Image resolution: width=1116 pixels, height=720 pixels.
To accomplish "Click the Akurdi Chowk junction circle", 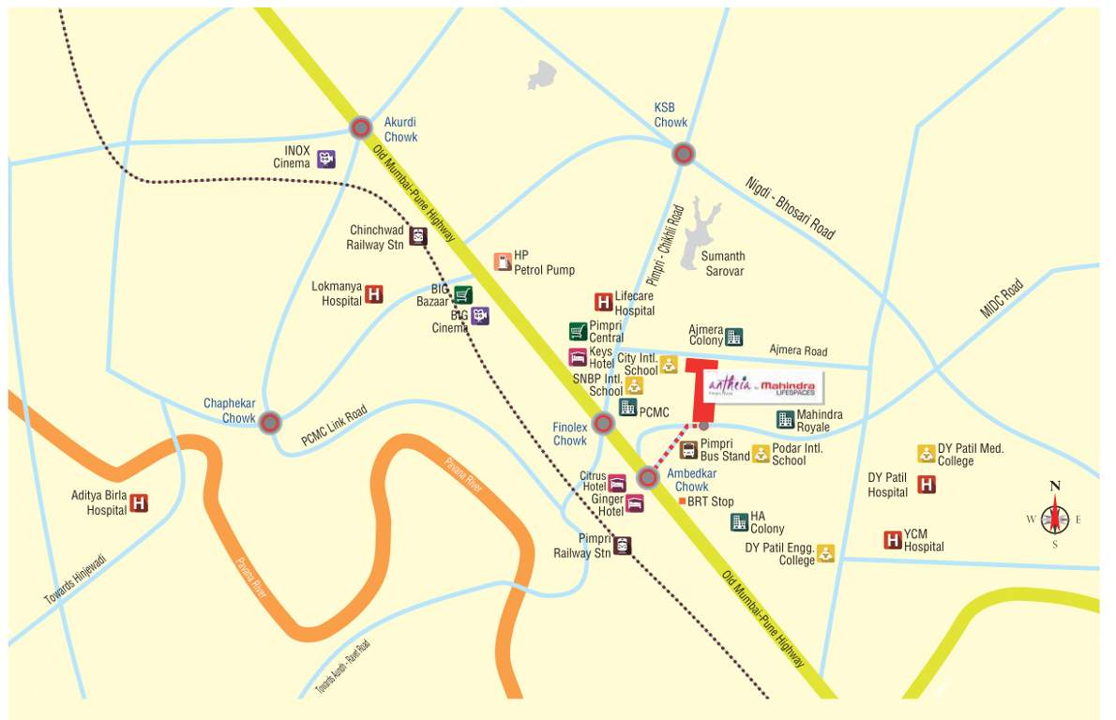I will [x=361, y=128].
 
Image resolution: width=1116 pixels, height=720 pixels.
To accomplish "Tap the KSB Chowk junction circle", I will [x=684, y=154].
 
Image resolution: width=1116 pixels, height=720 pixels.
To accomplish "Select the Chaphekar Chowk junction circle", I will [x=270, y=423].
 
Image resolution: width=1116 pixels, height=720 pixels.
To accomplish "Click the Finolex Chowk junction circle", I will [x=604, y=424].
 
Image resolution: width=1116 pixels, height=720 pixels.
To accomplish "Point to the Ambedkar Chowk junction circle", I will [x=648, y=478].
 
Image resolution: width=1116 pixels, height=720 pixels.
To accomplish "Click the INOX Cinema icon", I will [x=326, y=159].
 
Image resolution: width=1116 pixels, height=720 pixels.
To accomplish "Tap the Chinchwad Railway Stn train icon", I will [x=418, y=236].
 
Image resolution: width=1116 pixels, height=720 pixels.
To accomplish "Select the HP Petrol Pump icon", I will [x=503, y=262].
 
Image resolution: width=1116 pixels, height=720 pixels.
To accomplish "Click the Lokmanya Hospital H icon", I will [x=374, y=294].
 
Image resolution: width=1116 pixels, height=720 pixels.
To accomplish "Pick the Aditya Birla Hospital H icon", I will [x=139, y=503].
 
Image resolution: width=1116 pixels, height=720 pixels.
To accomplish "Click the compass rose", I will [x=1055, y=516].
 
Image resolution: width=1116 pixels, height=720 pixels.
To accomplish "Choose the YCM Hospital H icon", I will [x=893, y=540].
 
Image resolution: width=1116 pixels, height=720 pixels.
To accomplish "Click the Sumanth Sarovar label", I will [x=723, y=263].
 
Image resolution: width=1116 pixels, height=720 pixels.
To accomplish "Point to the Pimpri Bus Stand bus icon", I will [x=688, y=450].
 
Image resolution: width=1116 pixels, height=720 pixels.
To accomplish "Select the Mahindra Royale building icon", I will [x=785, y=419].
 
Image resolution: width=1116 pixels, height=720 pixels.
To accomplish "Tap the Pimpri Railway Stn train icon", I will [x=622, y=546].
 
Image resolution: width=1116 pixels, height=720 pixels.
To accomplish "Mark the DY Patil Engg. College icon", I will [x=825, y=553].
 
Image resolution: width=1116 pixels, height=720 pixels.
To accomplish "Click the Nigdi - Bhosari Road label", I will [x=790, y=208].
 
